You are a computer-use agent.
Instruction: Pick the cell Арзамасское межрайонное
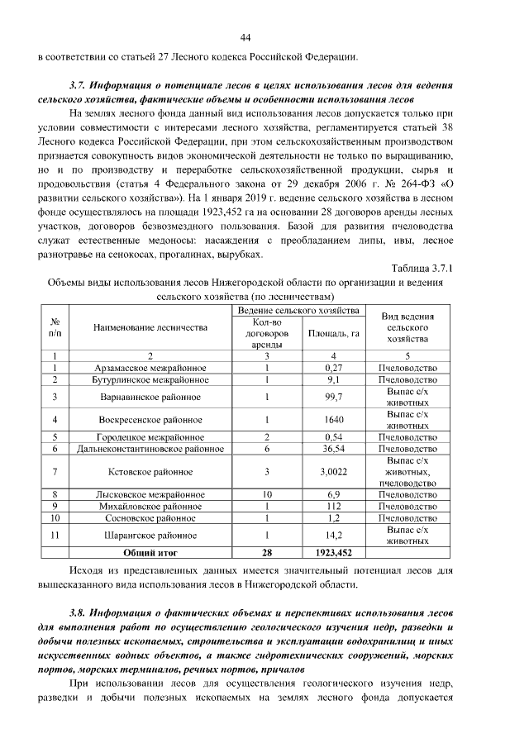click(150, 368)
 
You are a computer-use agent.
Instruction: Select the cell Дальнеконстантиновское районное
click(150, 448)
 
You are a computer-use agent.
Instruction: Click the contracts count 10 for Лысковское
click(267, 494)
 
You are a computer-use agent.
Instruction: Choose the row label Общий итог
click(150, 551)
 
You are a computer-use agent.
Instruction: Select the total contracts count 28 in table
click(267, 551)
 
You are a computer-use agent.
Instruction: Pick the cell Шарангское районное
click(150, 535)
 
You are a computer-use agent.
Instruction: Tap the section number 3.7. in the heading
click(81, 86)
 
